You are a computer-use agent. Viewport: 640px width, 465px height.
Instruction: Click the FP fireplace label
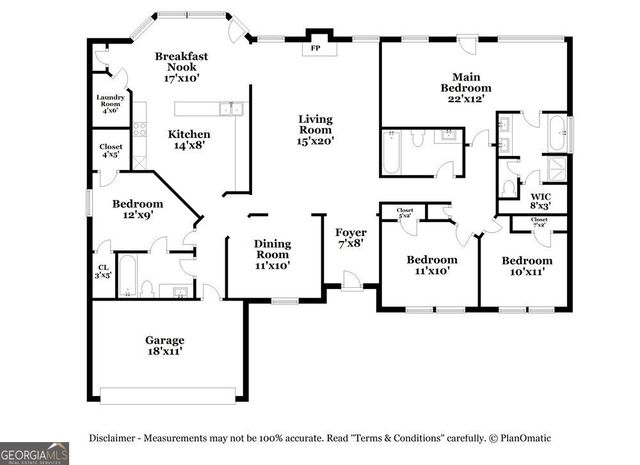315,48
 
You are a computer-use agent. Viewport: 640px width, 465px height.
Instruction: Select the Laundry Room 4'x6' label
109,103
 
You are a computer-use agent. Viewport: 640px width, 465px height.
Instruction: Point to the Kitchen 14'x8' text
188,139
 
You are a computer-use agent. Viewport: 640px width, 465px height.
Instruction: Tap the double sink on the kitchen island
228,108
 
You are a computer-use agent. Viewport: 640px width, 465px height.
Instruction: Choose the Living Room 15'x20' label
315,130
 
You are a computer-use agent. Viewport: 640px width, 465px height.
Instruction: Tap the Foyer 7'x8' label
350,237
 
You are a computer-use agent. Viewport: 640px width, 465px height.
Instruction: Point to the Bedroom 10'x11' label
527,265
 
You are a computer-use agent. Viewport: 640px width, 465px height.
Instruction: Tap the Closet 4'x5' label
111,150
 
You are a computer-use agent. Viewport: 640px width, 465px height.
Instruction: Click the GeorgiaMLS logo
35,453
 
